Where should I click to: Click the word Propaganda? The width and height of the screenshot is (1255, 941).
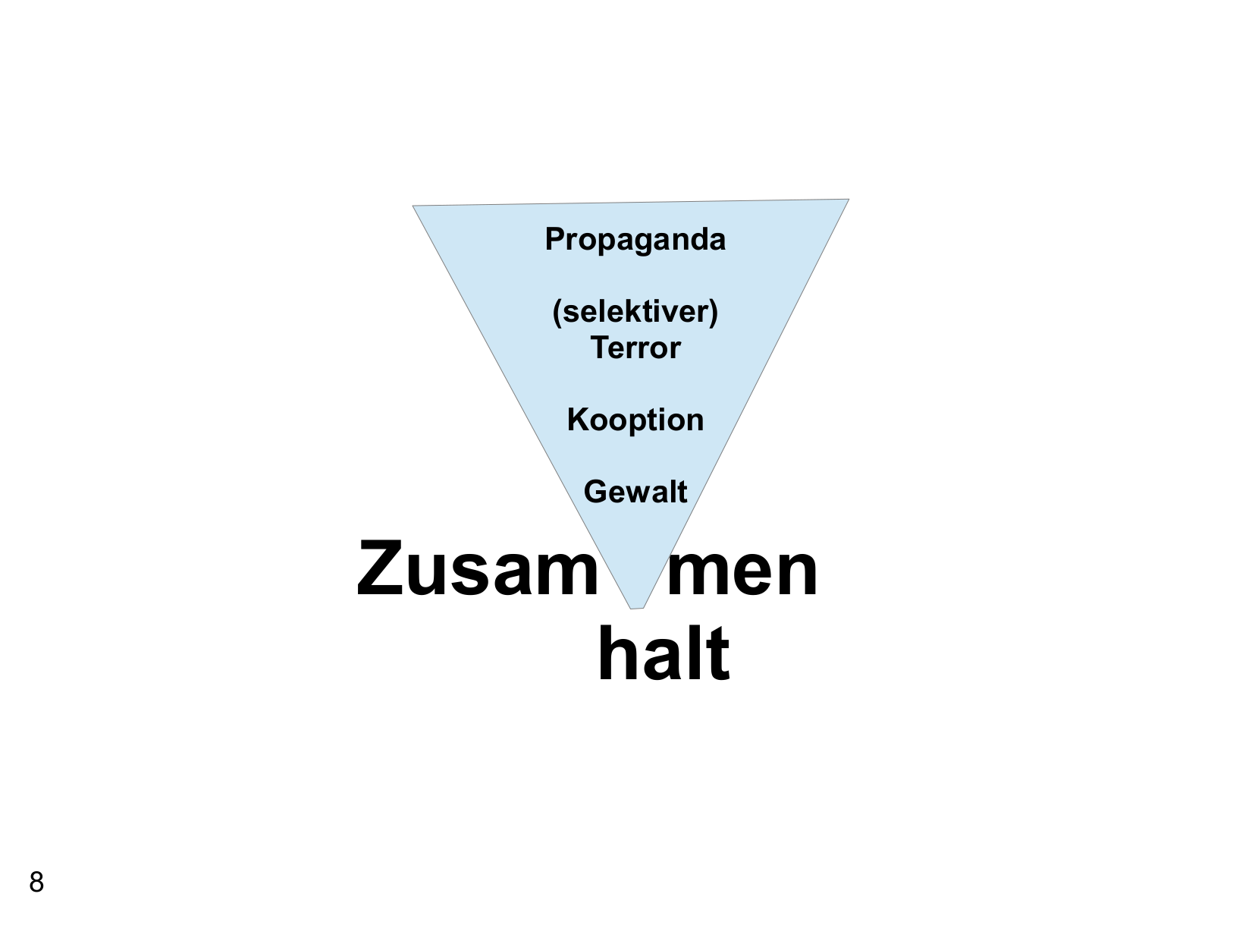click(635, 240)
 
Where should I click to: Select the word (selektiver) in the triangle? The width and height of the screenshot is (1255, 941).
click(635, 312)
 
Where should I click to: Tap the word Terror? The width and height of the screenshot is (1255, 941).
click(635, 348)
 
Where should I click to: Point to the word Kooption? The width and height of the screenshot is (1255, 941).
click(635, 420)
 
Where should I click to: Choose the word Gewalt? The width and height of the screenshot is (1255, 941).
click(635, 492)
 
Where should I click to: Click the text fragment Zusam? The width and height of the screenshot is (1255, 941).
click(477, 569)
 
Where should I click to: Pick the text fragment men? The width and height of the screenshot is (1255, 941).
click(742, 569)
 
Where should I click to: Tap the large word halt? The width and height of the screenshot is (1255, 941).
click(664, 653)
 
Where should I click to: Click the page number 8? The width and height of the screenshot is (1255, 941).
click(36, 883)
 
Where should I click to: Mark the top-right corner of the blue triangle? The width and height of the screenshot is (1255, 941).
click(847, 200)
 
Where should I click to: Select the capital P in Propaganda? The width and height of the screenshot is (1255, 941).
click(554, 239)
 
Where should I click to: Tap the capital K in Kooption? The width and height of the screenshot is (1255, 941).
click(576, 420)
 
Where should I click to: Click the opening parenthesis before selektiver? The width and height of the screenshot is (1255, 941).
click(556, 313)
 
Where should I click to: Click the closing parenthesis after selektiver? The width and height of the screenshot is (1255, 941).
click(714, 313)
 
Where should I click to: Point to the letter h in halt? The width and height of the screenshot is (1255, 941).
click(617, 653)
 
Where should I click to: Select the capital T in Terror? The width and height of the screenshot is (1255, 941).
click(599, 348)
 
